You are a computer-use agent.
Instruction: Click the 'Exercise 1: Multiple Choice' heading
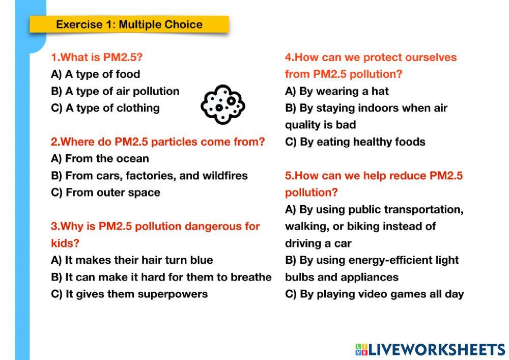129,24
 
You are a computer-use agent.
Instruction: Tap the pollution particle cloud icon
223,104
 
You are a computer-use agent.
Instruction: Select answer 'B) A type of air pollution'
115,91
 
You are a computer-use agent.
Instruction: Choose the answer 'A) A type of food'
95,74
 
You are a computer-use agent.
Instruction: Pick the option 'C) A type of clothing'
105,108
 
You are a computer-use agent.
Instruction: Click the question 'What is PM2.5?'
96,58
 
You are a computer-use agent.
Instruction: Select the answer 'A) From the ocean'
100,159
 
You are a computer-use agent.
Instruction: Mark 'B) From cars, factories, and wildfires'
149,176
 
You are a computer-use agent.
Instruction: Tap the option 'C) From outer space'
105,192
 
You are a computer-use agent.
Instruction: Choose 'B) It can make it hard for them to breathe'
161,277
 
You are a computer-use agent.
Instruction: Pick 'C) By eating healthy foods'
355,142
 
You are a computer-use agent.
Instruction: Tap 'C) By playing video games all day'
374,294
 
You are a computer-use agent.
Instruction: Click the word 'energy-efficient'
387,260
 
